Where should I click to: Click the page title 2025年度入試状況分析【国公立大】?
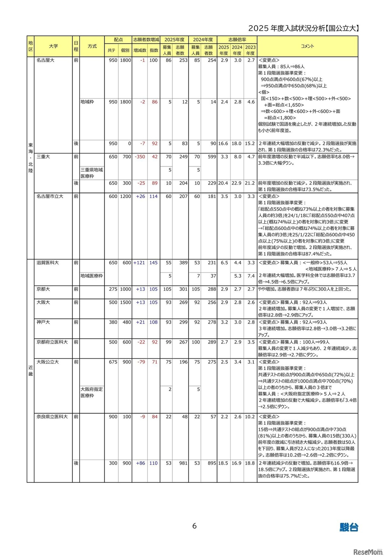click(304, 28)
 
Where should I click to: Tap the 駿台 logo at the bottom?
click(349, 527)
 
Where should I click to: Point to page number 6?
click(194, 526)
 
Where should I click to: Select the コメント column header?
click(307, 46)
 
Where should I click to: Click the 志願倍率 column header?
click(237, 40)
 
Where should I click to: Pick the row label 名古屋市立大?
click(50, 196)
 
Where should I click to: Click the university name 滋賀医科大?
click(48, 263)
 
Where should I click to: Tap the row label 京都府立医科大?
click(52, 342)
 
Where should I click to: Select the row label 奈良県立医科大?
click(52, 417)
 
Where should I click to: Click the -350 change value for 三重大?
click(140, 157)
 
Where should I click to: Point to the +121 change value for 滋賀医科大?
click(139, 263)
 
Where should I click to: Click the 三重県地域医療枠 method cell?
click(92, 173)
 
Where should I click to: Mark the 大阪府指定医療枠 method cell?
click(92, 392)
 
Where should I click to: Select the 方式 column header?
click(92, 46)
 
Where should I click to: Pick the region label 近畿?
click(31, 371)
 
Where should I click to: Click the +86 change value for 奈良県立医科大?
click(141, 463)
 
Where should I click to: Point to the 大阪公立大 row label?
click(48, 362)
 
